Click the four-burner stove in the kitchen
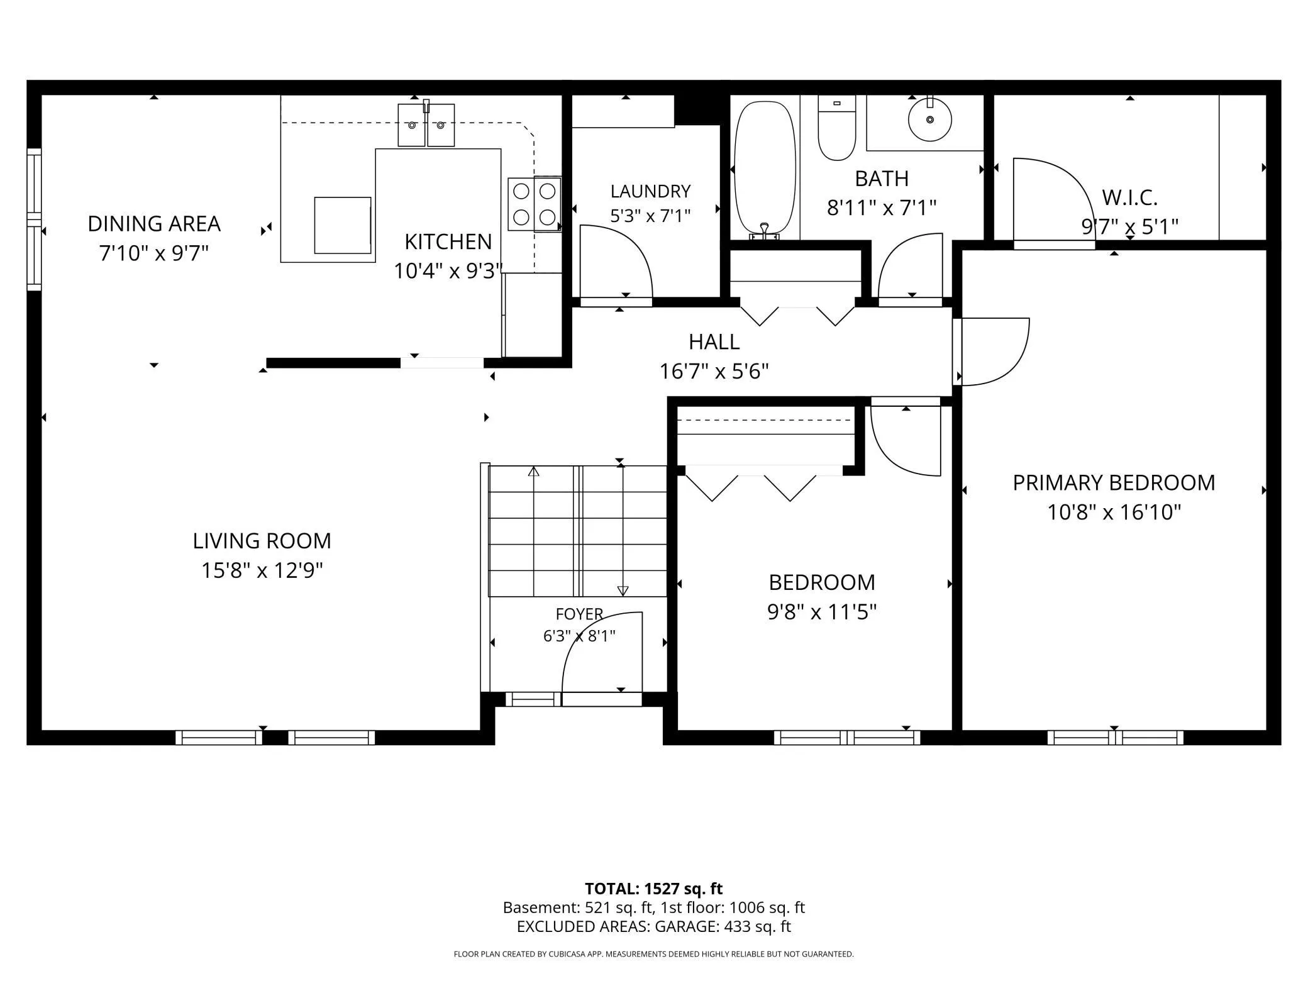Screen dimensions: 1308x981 (535, 204)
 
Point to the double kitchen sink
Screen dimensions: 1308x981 (426, 125)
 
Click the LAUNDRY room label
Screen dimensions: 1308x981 (650, 191)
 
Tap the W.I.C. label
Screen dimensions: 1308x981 (1129, 198)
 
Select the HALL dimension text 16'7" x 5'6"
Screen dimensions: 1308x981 (714, 372)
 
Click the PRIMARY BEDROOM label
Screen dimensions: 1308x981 (1114, 482)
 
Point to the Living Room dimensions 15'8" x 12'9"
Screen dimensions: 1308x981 (262, 570)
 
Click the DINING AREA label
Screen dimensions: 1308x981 (154, 223)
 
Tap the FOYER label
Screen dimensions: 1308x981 (579, 614)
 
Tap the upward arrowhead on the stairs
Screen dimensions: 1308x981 (534, 471)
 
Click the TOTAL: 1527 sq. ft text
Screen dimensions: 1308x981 (653, 889)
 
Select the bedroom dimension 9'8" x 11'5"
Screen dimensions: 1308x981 (822, 612)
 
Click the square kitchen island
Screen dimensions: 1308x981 (343, 225)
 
